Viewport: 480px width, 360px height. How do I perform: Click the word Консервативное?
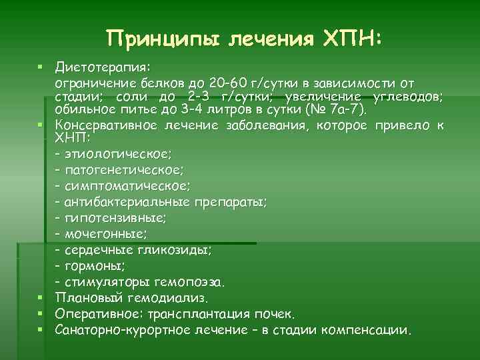click(x=106, y=125)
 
